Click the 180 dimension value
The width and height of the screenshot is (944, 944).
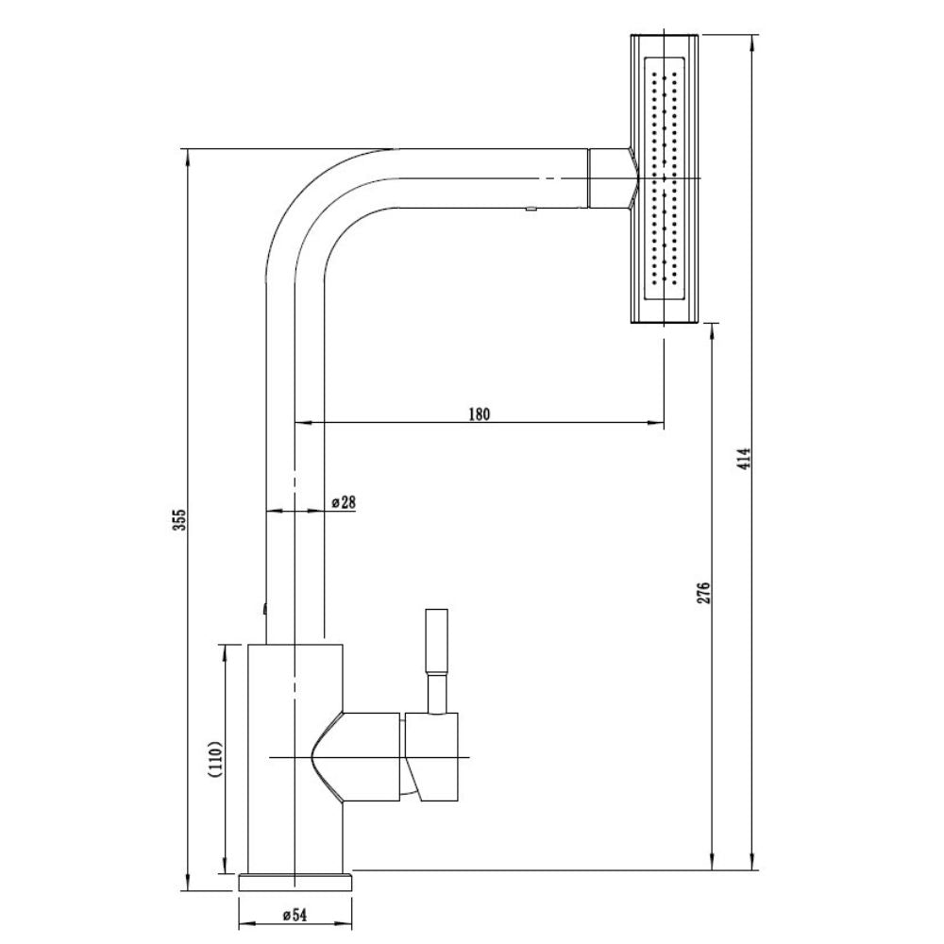click(x=480, y=413)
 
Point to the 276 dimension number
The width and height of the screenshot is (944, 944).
click(x=705, y=593)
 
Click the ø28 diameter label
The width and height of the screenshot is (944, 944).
click(x=344, y=502)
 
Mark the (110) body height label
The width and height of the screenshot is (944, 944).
click(x=217, y=760)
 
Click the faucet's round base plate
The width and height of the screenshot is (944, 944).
click(x=295, y=882)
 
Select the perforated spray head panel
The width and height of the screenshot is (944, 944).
click(x=665, y=178)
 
